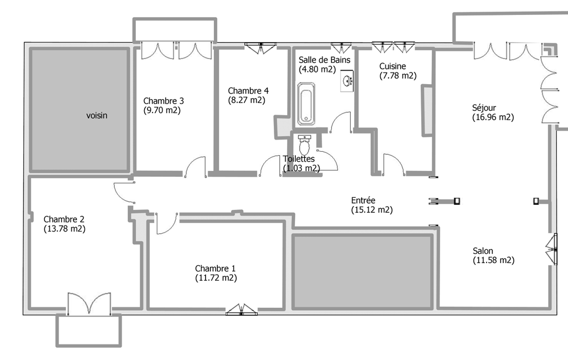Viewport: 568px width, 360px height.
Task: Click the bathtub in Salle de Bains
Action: (x=306, y=104)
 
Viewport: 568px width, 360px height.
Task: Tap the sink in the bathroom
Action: (x=347, y=81)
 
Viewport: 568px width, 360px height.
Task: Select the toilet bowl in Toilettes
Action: (x=304, y=146)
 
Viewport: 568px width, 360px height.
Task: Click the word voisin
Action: (x=97, y=116)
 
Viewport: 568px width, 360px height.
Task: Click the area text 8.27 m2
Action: (x=247, y=100)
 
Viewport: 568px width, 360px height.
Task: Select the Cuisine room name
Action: (x=393, y=66)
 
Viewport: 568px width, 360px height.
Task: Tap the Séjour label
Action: (x=484, y=108)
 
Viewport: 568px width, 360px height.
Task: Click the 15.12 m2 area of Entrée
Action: (x=372, y=210)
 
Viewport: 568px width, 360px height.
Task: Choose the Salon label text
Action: (x=483, y=251)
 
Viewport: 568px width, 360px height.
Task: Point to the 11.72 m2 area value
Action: (x=216, y=278)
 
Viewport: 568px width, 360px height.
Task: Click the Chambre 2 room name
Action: (x=64, y=219)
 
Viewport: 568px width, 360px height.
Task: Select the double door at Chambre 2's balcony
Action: (x=89, y=304)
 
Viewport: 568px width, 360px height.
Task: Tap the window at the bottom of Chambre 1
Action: (x=241, y=310)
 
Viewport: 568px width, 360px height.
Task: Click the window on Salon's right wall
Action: (x=552, y=249)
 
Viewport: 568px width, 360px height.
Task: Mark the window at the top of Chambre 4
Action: (x=260, y=48)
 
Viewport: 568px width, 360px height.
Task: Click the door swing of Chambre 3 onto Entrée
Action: (x=196, y=167)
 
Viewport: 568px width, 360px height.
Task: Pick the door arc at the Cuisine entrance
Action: (x=394, y=164)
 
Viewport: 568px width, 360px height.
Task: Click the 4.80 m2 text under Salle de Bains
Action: (x=318, y=69)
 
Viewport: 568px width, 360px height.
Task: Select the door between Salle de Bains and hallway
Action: (x=340, y=122)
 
